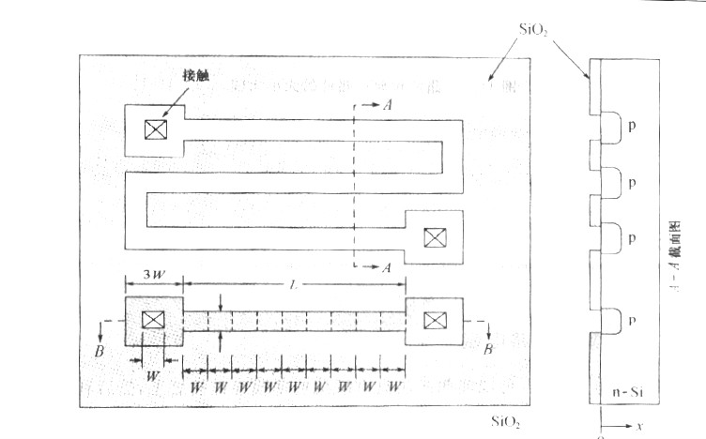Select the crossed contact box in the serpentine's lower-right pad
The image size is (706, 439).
[x=433, y=237]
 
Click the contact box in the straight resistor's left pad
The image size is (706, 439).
[x=152, y=320]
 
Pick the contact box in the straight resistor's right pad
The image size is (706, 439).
[x=433, y=321]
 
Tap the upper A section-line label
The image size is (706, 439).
[x=387, y=106]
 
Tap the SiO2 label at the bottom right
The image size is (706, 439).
[x=508, y=419]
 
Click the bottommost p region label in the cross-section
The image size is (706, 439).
[x=632, y=320]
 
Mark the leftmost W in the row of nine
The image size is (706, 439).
[x=197, y=386]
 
